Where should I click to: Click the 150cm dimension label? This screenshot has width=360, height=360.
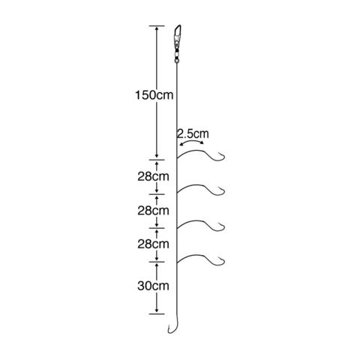pyautogui.click(x=154, y=95)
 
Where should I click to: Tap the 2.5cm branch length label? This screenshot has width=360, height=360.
pyautogui.click(x=193, y=134)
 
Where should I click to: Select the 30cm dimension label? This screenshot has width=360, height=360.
pyautogui.click(x=153, y=286)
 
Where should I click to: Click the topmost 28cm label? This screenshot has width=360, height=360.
pyautogui.click(x=153, y=176)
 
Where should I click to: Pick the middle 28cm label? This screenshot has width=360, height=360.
pyautogui.click(x=153, y=211)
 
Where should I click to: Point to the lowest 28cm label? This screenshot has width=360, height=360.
pyautogui.click(x=153, y=244)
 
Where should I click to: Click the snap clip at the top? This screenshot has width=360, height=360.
pyautogui.click(x=178, y=34)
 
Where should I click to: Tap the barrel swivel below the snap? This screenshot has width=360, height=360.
pyautogui.click(x=177, y=53)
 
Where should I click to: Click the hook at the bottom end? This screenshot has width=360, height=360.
pyautogui.click(x=172, y=326)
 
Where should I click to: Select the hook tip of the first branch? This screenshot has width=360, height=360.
pyautogui.click(x=219, y=152)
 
